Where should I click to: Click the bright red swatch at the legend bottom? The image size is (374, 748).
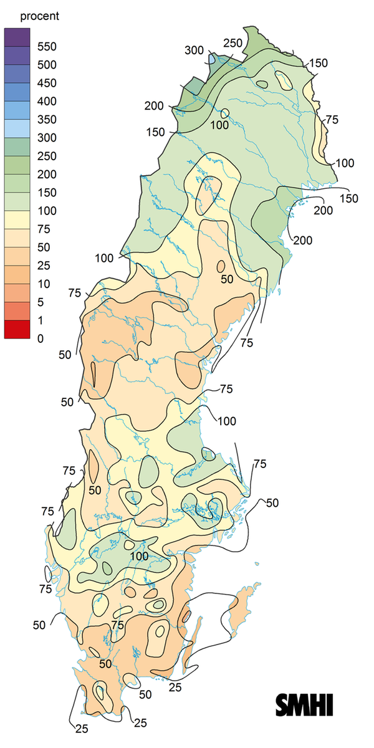point(17,330)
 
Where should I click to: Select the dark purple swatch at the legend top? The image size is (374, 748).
point(17,37)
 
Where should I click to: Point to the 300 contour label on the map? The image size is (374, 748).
point(195,50)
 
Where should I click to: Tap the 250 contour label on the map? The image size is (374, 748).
point(233,43)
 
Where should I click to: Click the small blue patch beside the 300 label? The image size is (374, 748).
point(213,60)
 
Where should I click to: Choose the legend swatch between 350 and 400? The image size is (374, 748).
point(17,110)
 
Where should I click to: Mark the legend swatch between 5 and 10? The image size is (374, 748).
point(17,293)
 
